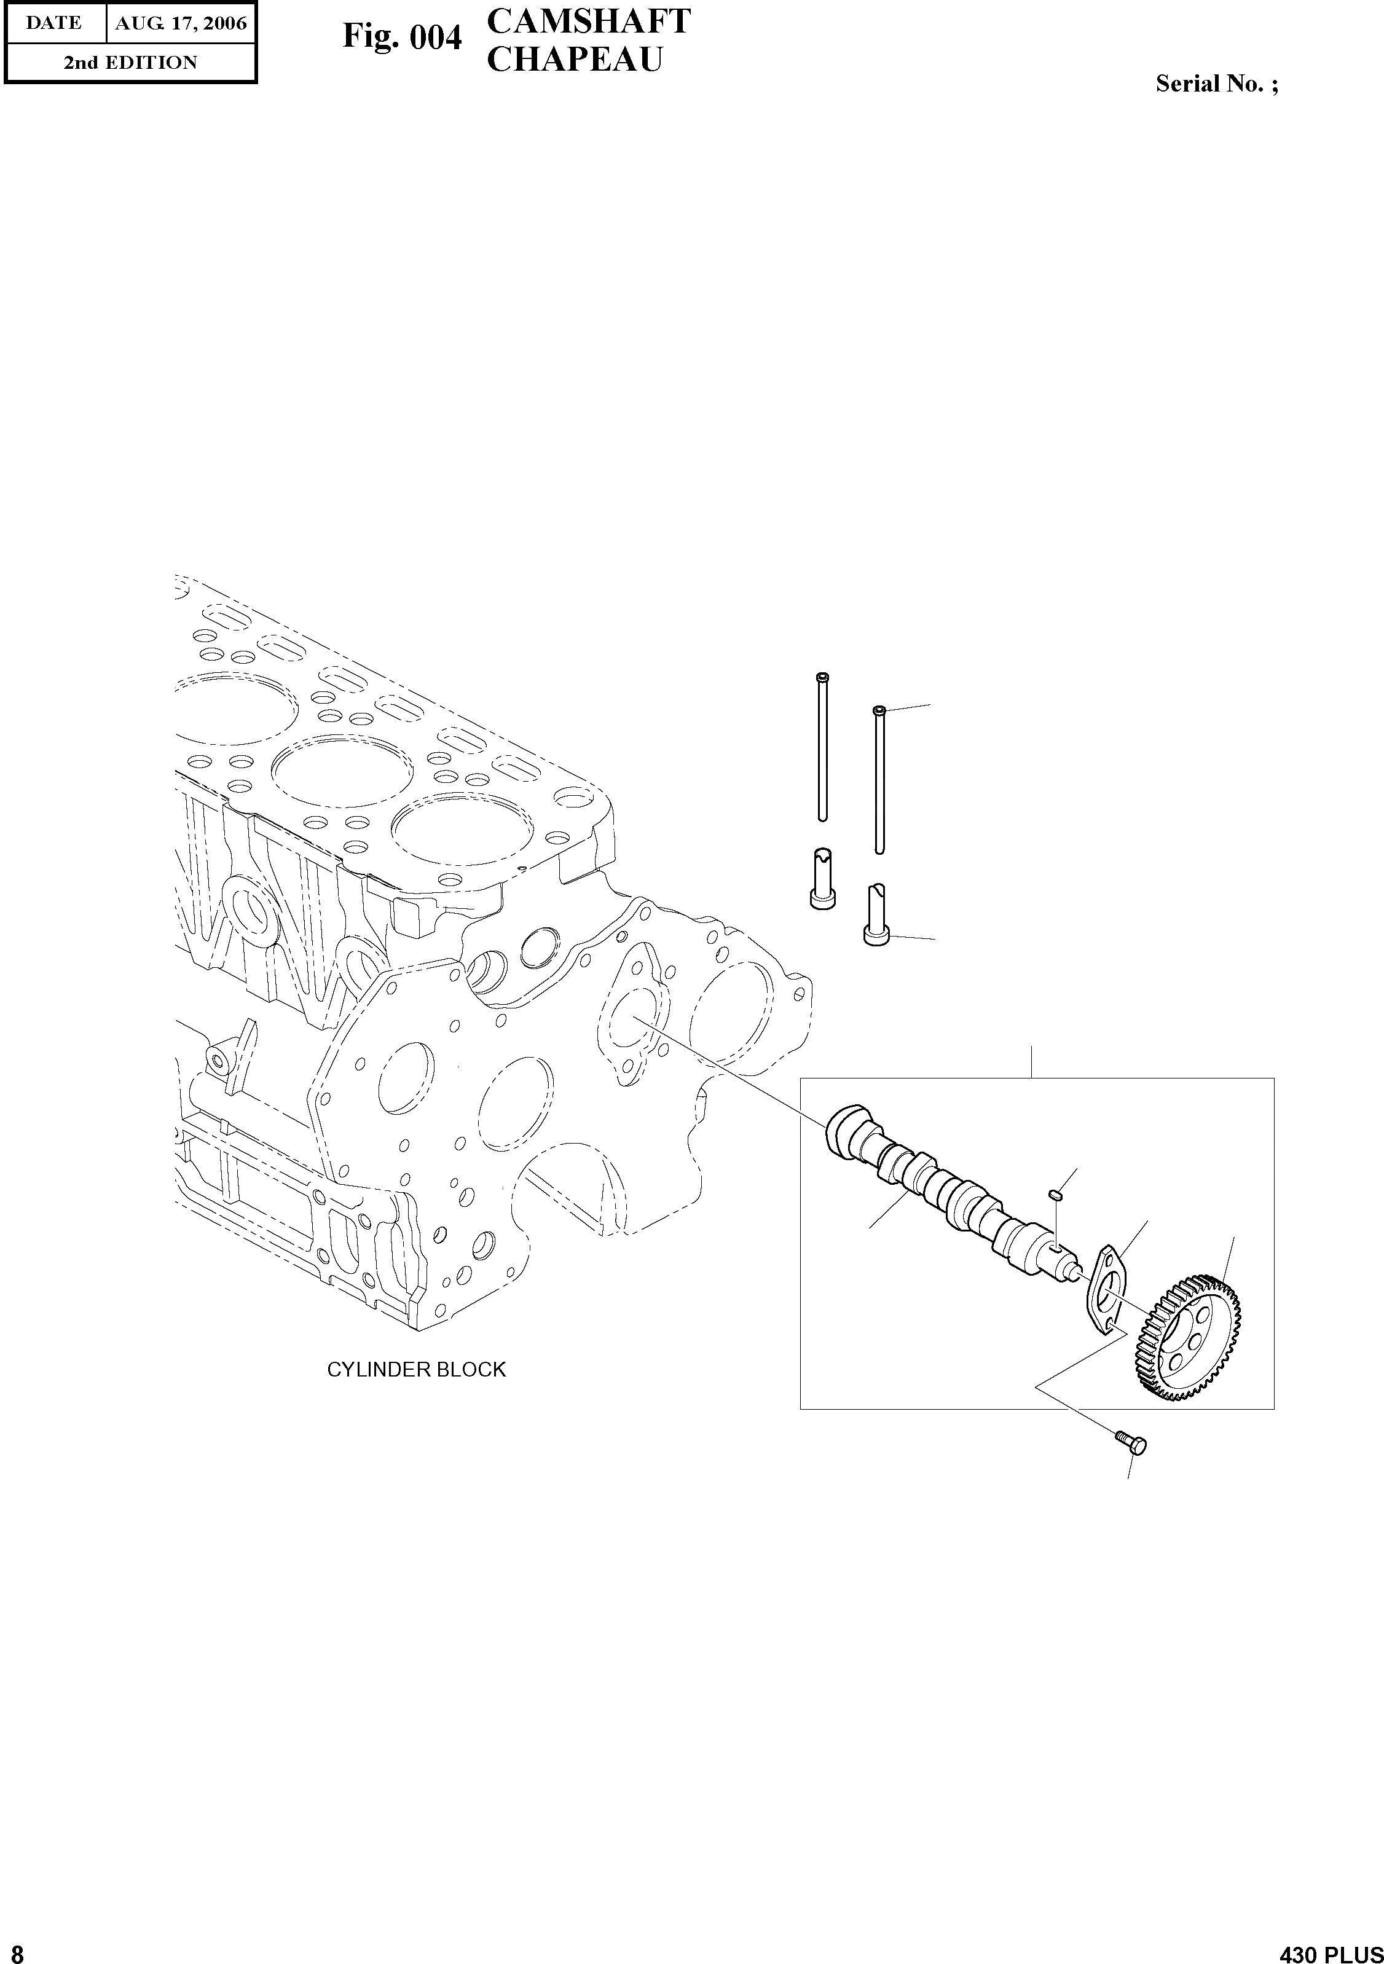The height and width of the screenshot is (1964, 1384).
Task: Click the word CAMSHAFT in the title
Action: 589,22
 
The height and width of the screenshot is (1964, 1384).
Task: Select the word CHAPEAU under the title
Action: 575,59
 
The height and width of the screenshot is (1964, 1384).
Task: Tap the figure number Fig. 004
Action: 402,37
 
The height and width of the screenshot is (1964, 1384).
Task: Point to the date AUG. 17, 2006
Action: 181,23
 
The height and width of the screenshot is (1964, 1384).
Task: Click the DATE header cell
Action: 54,23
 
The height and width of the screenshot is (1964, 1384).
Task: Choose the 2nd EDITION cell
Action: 130,63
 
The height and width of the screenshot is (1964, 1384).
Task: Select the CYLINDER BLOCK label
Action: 417,1370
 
